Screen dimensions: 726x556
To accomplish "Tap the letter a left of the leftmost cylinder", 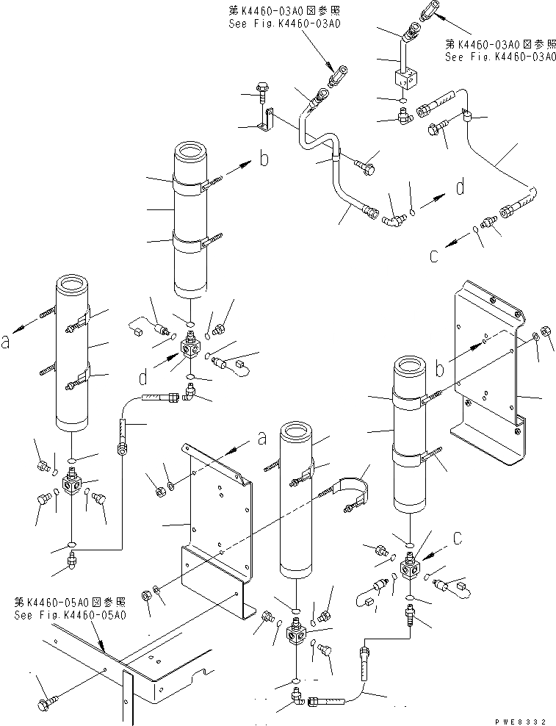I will (x=7, y=340).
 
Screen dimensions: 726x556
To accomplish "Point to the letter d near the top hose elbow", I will (x=460, y=187).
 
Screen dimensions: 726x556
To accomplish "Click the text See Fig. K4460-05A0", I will (x=70, y=614).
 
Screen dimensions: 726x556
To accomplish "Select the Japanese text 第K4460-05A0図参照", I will (x=70, y=602).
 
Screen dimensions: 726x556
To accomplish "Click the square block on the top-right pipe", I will (x=405, y=78).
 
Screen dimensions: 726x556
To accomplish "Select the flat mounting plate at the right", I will (x=488, y=367).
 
